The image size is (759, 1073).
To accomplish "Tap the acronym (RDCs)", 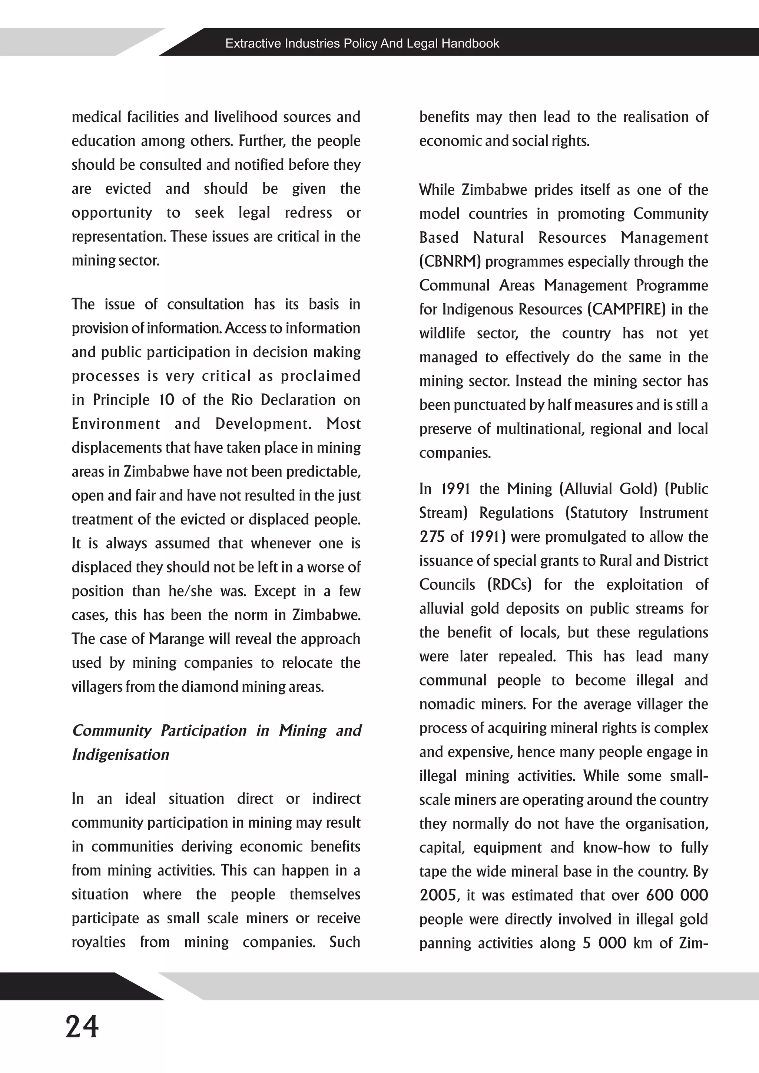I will click(x=510, y=585).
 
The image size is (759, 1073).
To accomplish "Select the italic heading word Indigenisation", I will click(x=120, y=755).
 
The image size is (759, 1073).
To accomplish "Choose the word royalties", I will click(x=99, y=942).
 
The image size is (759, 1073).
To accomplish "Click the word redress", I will click(x=308, y=213).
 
